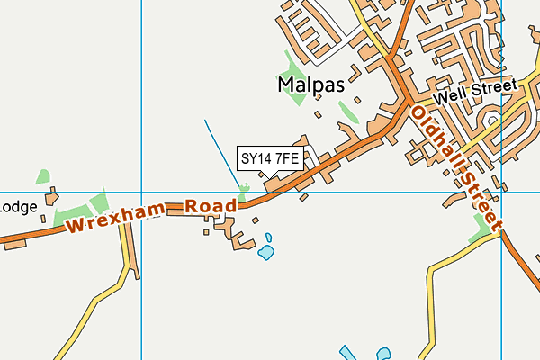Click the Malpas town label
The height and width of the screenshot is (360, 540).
[310, 85]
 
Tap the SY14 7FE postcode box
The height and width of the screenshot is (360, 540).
[269, 158]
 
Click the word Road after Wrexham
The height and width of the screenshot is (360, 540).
[211, 206]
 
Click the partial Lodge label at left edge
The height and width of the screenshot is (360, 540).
[18, 206]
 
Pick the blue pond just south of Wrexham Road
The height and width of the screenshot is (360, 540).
[266, 252]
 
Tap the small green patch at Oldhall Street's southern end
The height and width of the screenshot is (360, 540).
[482, 236]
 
